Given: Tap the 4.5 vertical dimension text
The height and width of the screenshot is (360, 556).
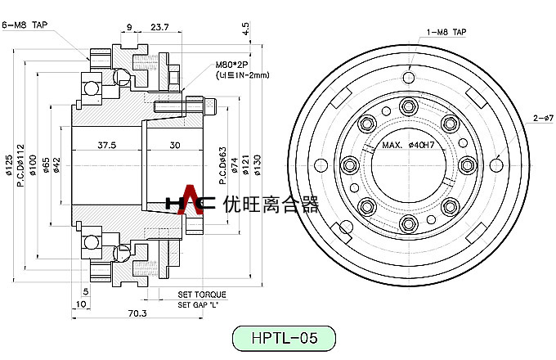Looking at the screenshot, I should tap(245, 29).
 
